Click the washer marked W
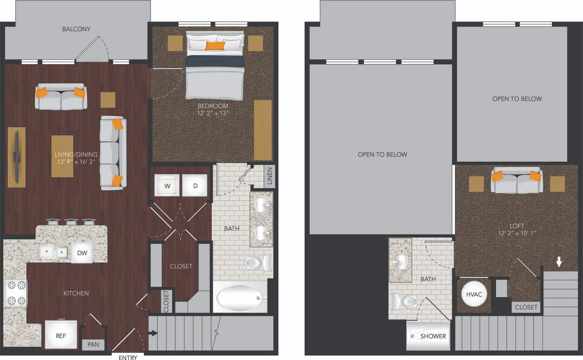click(x=167, y=185)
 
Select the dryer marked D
click(x=195, y=185)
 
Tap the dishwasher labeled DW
click(x=82, y=252)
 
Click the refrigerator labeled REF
click(x=61, y=336)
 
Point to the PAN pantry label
click(x=93, y=345)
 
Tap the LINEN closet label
click(x=269, y=176)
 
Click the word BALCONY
click(x=76, y=29)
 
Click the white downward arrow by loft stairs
click(x=559, y=262)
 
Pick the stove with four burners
click(x=15, y=293)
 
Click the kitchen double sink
click(x=53, y=252)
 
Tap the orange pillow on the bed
click(x=215, y=45)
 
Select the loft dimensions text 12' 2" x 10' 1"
click(x=517, y=234)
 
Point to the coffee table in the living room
click(x=62, y=156)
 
